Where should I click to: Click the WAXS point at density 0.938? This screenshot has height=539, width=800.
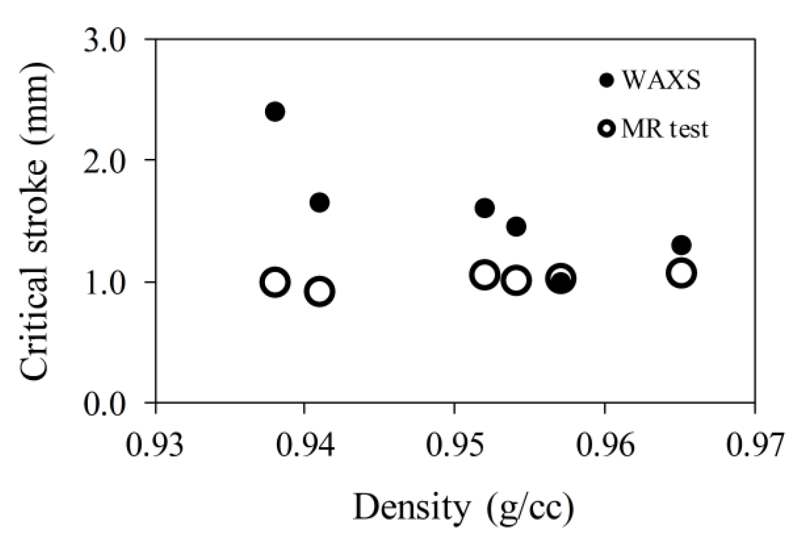click(x=275, y=112)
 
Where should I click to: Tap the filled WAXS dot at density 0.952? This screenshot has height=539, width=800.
click(x=484, y=208)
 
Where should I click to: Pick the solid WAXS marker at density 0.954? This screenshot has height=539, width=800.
click(x=516, y=226)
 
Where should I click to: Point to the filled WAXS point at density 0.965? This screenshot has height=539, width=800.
click(x=681, y=245)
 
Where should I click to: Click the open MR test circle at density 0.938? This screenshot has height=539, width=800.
click(x=275, y=282)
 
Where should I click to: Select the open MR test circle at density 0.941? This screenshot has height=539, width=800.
click(x=320, y=292)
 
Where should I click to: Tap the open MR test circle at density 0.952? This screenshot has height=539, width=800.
click(x=485, y=275)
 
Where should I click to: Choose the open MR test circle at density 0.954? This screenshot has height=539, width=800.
click(x=516, y=280)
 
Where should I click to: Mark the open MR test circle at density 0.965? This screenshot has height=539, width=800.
click(x=681, y=273)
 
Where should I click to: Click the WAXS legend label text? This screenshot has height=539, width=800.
click(x=661, y=80)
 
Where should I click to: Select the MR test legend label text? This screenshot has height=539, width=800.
click(x=664, y=129)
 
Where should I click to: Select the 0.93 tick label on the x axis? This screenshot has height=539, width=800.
click(x=154, y=445)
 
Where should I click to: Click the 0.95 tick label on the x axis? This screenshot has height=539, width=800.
click(x=454, y=445)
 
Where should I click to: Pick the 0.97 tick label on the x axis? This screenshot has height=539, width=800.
click(x=753, y=445)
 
